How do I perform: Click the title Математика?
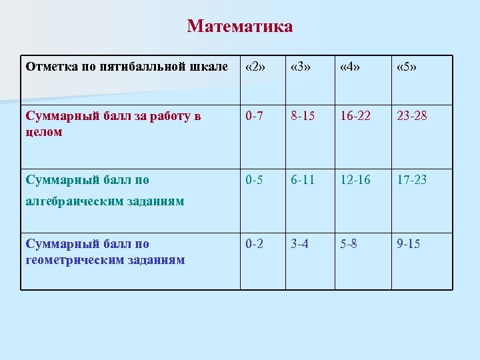(240, 27)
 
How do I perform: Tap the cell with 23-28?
(412, 117)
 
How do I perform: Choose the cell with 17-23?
(412, 179)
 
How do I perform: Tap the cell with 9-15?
(408, 243)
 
